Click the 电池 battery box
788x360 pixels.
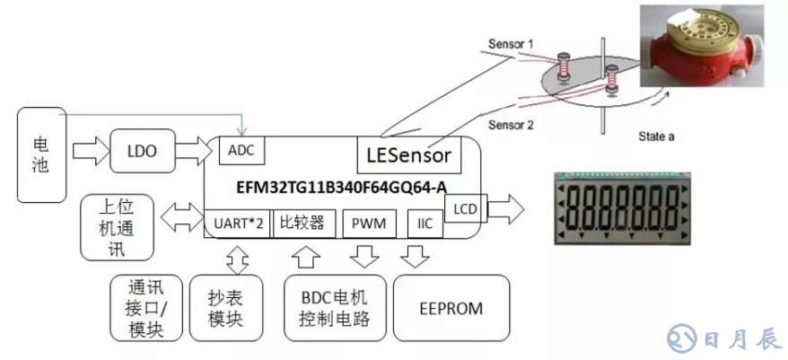click(41, 154)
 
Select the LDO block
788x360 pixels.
click(144, 152)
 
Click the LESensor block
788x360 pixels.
click(409, 155)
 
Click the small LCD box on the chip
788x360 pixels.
click(466, 208)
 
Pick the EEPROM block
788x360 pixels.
click(451, 308)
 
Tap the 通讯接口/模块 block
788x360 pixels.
click(145, 308)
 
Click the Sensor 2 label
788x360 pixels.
click(512, 126)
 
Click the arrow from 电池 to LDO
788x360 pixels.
click(87, 152)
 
